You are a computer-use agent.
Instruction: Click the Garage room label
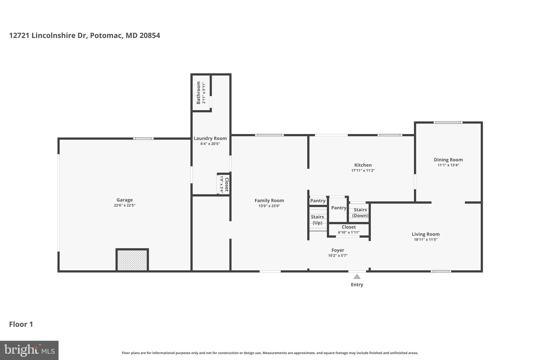click(124, 200)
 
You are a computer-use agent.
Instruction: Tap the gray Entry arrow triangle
click(357, 276)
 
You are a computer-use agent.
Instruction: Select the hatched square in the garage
click(132, 260)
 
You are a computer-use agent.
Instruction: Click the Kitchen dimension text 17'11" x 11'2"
click(363, 171)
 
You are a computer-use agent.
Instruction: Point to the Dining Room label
click(448, 160)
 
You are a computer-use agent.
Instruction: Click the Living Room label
click(426, 234)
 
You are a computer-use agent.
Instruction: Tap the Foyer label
click(338, 250)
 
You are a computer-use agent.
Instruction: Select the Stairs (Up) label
click(317, 220)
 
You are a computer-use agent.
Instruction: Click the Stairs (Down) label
click(360, 213)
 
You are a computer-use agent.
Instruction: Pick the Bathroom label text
click(199, 93)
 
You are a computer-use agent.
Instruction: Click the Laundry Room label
click(210, 138)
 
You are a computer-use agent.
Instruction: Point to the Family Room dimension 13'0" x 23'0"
click(269, 206)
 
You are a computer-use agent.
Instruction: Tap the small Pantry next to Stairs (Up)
click(318, 201)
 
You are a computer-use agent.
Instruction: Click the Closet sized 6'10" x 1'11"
click(349, 229)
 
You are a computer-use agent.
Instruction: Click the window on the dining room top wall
click(448, 122)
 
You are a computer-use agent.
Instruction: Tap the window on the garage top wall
click(143, 138)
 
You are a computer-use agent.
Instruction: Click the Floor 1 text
click(21, 324)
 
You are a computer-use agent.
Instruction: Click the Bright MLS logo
click(29, 350)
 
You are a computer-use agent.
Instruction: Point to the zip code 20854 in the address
click(150, 35)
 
